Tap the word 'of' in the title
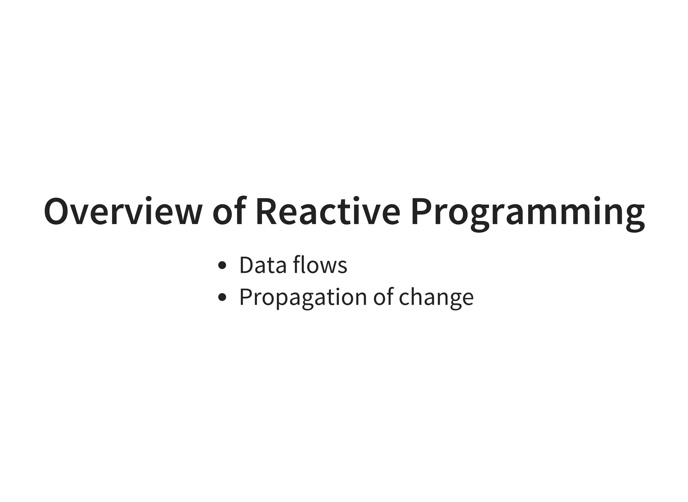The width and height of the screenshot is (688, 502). coord(228,212)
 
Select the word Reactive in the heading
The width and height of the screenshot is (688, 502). coord(328,212)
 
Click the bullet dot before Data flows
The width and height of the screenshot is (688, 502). coord(222,266)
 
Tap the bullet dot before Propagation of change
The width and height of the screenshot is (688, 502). coord(222,297)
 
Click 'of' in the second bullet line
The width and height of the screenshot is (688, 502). coord(383,297)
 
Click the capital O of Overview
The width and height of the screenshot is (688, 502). coord(57,212)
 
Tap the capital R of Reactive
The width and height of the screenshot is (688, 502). coord(267,212)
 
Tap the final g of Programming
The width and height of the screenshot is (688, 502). coord(635,217)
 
